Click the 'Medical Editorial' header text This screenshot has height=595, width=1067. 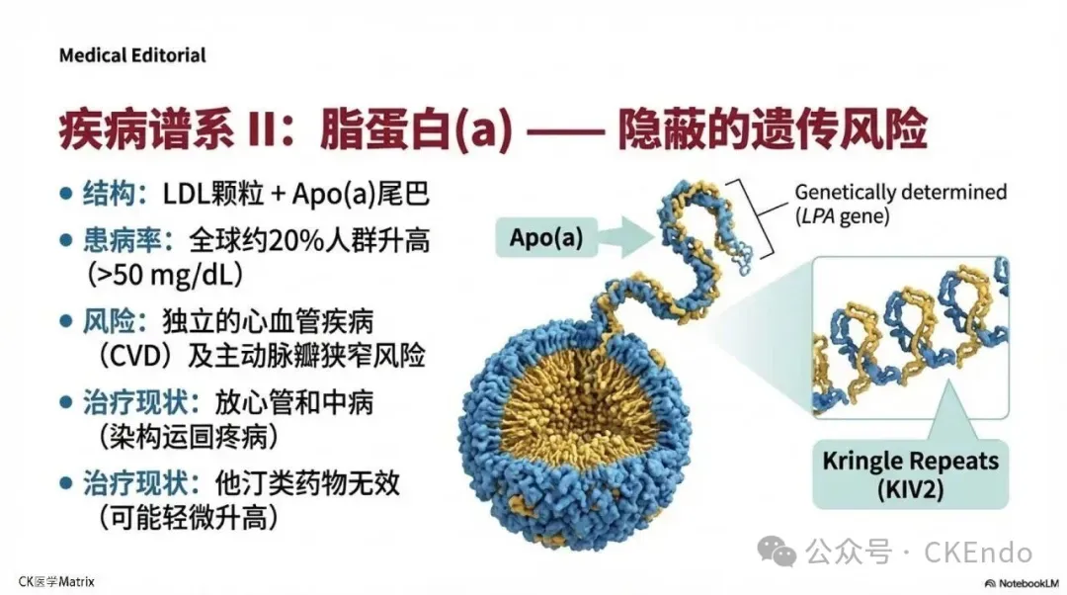132,55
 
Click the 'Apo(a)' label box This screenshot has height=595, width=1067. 546,236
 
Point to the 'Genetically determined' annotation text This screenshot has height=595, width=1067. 900,192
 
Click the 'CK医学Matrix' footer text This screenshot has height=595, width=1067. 57,582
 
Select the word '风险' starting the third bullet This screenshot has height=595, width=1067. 108,322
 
